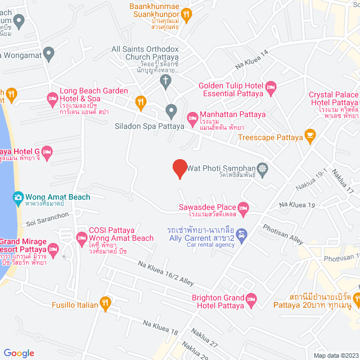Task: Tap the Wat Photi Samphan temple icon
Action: (262, 168)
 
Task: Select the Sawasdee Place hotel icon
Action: (243, 209)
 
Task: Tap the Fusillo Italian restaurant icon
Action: (105, 304)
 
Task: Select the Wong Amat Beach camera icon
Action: (18, 197)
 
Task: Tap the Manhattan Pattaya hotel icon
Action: (192, 118)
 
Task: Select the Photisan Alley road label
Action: (283, 235)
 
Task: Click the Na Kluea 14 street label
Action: (252, 59)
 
